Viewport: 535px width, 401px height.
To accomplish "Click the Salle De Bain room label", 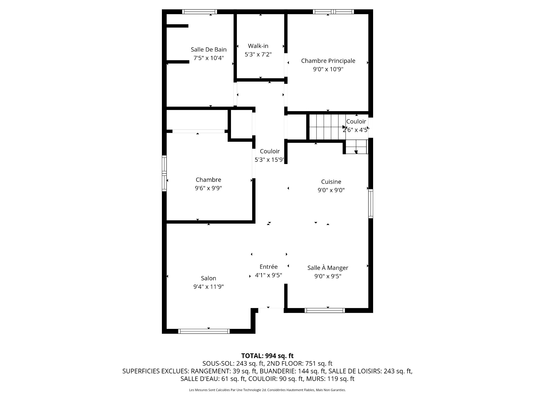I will click(208, 50).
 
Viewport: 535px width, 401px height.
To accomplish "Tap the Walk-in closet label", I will click(258, 46).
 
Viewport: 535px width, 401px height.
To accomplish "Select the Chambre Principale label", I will click(328, 61).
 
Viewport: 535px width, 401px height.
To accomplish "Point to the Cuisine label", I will click(331, 182).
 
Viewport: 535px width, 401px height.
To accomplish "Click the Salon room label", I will click(208, 278).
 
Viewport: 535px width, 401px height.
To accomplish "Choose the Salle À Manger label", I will click(328, 268).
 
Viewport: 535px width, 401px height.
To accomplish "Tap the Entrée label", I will click(268, 267).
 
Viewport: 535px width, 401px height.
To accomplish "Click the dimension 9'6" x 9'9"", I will click(208, 188).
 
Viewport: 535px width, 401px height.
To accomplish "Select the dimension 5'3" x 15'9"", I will click(269, 160).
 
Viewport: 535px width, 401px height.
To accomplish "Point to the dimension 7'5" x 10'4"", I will click(208, 58).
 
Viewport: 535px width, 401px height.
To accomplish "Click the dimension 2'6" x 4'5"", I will click(356, 130).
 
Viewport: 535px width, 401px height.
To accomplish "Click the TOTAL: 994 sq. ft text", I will click(267, 356).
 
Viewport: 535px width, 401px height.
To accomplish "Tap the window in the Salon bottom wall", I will click(204, 331).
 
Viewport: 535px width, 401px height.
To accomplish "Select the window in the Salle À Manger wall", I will click(325, 310).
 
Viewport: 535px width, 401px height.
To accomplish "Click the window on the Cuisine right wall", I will click(371, 203).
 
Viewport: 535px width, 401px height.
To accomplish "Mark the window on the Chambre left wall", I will click(164, 173).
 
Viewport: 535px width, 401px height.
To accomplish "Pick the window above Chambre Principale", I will click(333, 12).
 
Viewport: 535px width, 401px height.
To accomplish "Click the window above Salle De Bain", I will click(200, 12).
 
